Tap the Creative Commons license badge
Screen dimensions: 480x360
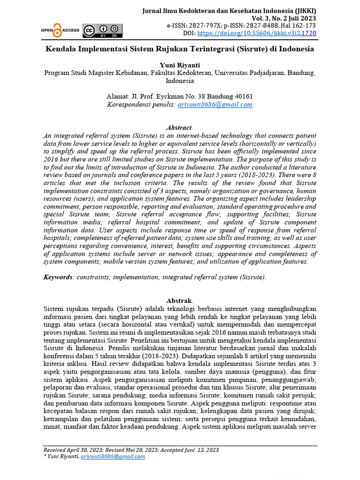pos(102,30)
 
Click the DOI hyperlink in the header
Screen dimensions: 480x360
pos(256,34)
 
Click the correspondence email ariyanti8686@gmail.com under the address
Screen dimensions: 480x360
pos(215,105)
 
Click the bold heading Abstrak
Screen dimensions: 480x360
pos(180,300)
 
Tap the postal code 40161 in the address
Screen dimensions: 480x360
pos(243,97)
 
